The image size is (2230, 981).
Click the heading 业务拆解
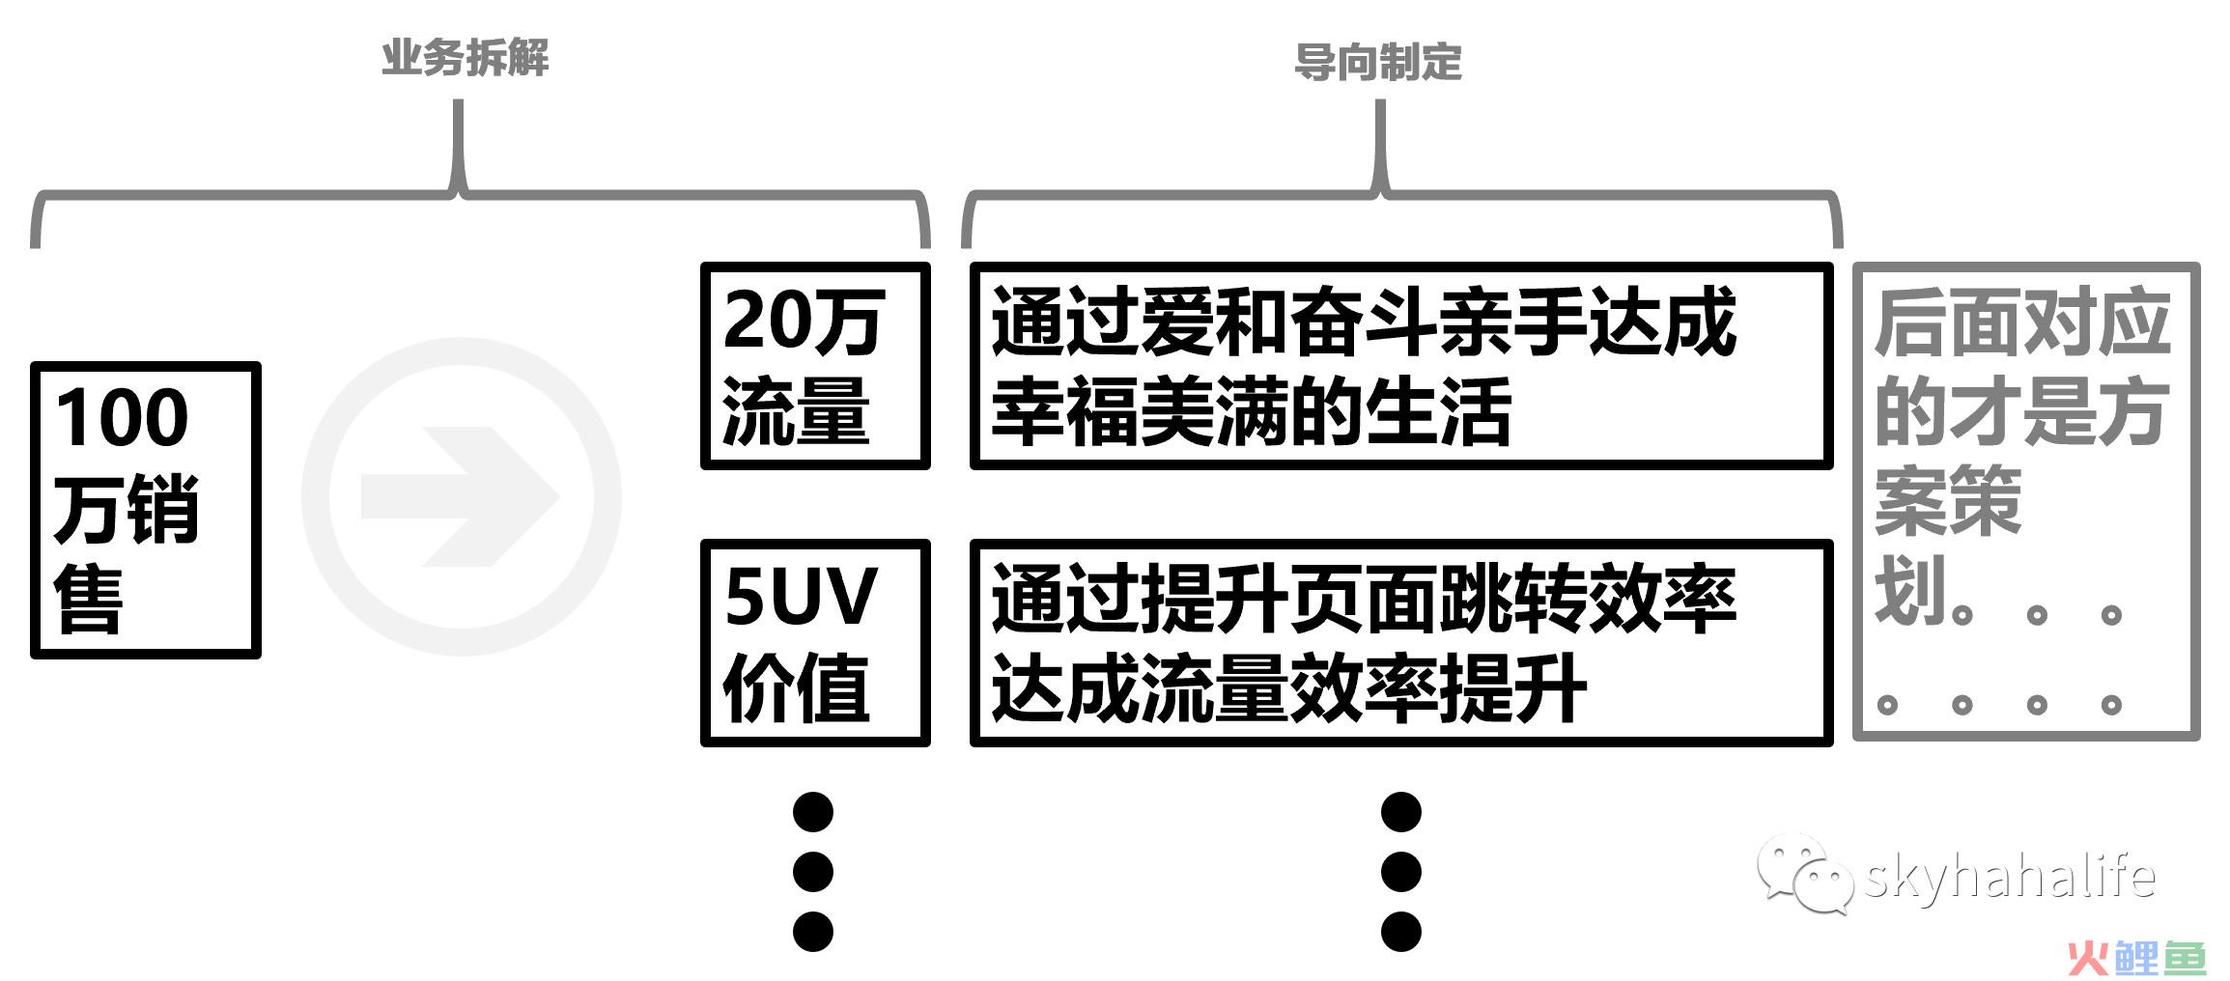click(x=465, y=58)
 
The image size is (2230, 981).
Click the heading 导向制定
click(x=1377, y=63)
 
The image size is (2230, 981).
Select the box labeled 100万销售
click(x=146, y=510)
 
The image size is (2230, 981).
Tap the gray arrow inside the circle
click(x=460, y=496)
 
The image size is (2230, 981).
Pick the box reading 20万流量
click(x=815, y=366)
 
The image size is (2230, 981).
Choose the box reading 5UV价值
click(x=815, y=642)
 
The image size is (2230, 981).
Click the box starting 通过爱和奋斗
click(x=1401, y=366)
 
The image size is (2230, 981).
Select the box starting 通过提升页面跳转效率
click(x=1401, y=642)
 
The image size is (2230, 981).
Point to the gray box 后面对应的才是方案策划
click(x=2026, y=502)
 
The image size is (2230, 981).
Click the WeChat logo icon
click(x=1804, y=874)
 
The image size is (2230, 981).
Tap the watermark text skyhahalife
click(x=2009, y=877)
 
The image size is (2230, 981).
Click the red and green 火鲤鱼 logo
click(x=2136, y=958)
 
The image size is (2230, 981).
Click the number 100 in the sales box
click(x=122, y=417)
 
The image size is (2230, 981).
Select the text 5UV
click(x=801, y=596)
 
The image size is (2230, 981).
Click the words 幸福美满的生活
click(x=1251, y=412)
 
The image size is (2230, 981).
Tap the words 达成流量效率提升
click(x=1288, y=688)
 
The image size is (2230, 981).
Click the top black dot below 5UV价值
click(x=813, y=812)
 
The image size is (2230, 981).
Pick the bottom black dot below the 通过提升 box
click(x=1401, y=932)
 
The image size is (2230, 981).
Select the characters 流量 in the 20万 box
click(x=796, y=411)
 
